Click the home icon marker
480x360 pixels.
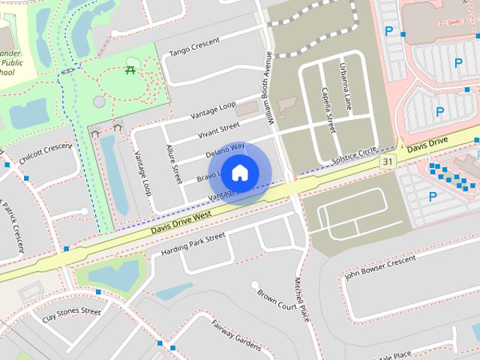tap(239, 172)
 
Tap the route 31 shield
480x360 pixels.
tap(387, 162)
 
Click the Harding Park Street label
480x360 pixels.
tap(193, 242)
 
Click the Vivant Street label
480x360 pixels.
tap(218, 128)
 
